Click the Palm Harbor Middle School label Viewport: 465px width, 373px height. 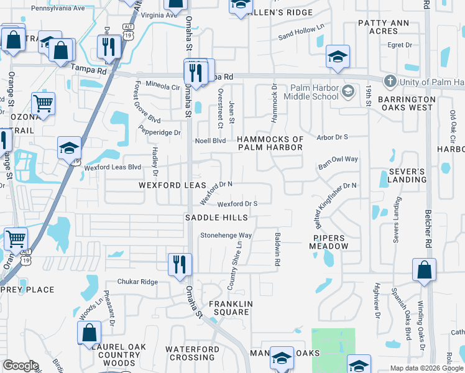tap(311, 92)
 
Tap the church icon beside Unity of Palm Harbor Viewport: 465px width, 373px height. tap(390, 81)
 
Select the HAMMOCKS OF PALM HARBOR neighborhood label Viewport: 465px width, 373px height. tap(270, 144)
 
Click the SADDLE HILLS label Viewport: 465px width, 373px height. tap(217, 218)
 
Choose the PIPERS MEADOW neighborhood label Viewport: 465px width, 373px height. tap(329, 242)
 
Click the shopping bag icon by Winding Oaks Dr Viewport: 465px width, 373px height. tap(424, 270)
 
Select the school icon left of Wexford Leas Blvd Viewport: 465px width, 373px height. tap(69, 148)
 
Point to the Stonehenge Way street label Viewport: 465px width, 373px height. tap(226, 236)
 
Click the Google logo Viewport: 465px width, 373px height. tap(20, 366)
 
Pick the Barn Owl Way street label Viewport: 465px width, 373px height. tap(338, 159)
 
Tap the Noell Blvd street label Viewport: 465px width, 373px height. tap(210, 141)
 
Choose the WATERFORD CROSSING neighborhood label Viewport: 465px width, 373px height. tap(192, 353)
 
